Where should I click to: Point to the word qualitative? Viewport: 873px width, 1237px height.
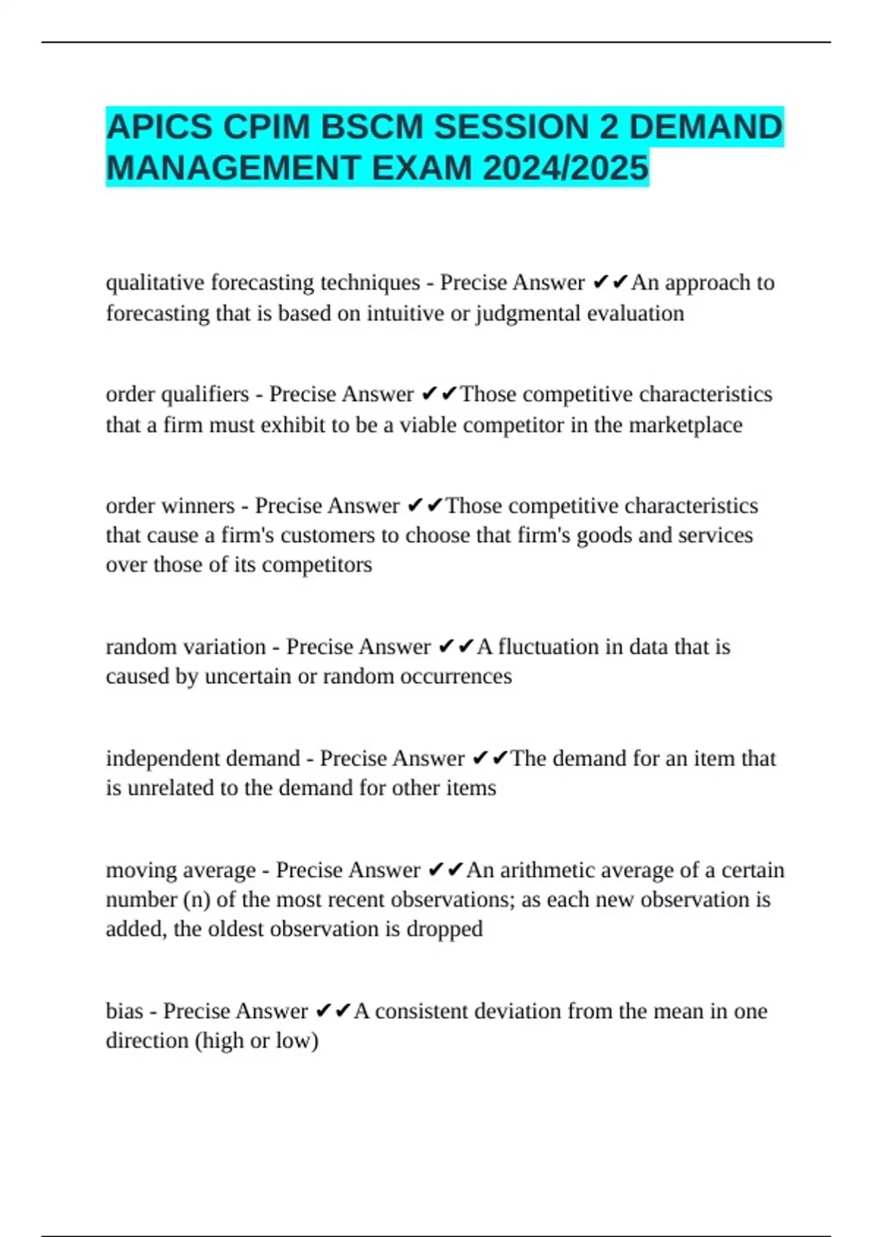tap(154, 282)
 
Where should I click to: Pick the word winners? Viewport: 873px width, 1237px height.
tap(199, 506)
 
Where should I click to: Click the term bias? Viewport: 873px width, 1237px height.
tap(124, 1011)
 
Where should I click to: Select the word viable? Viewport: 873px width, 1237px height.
tap(430, 425)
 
